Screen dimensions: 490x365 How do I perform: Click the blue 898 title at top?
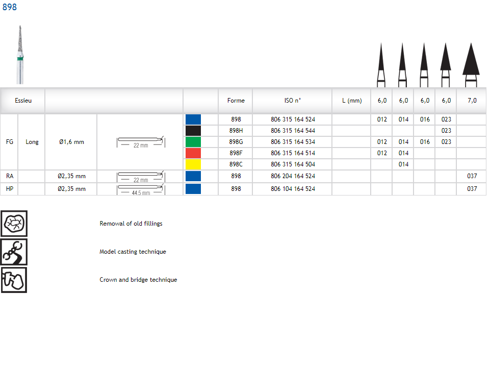9,7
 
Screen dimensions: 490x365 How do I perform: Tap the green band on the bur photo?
20,58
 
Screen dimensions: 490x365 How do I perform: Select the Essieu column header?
23,101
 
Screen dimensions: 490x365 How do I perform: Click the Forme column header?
236,101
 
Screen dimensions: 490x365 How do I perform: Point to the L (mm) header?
352,101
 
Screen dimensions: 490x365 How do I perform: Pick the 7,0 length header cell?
472,101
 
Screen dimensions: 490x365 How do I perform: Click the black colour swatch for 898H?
193,130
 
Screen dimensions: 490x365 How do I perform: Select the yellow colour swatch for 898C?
193,164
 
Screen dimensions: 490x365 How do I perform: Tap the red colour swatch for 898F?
193,153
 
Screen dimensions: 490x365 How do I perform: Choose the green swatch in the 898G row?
193,142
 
